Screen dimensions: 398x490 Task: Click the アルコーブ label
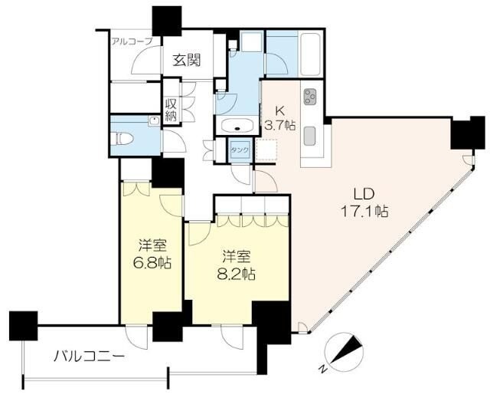click(x=132, y=41)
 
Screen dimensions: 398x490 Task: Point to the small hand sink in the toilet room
click(x=152, y=120)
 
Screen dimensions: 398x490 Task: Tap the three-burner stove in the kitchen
click(x=311, y=97)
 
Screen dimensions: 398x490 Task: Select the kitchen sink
click(x=311, y=136)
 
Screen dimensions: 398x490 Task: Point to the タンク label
click(x=240, y=150)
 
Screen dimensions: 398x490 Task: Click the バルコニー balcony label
click(x=89, y=356)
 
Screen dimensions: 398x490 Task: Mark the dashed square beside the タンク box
click(x=266, y=150)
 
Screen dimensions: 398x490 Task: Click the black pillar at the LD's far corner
click(x=463, y=135)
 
